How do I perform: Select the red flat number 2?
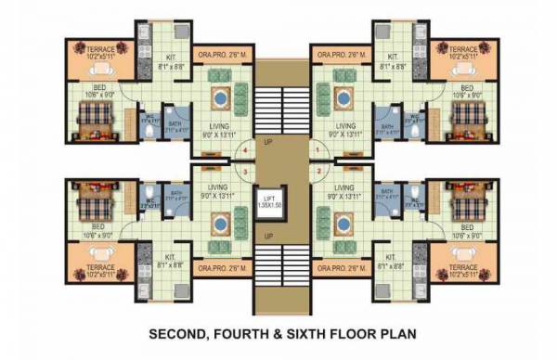click(317, 171)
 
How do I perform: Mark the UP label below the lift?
click(268, 235)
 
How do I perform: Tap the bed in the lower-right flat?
click(464, 197)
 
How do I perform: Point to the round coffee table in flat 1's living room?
click(337, 97)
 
